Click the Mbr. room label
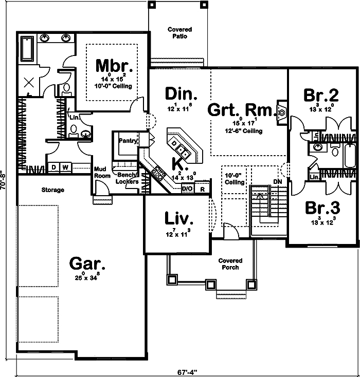tap(114, 66)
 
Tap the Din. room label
tap(181, 94)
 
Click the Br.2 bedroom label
tap(321, 95)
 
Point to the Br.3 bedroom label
tap(322, 208)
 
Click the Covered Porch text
tap(230, 264)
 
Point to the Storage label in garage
tap(53, 190)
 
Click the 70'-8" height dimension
tap(5, 181)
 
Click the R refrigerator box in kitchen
tap(203, 188)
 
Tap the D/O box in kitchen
tap(188, 188)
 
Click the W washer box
tap(65, 167)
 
